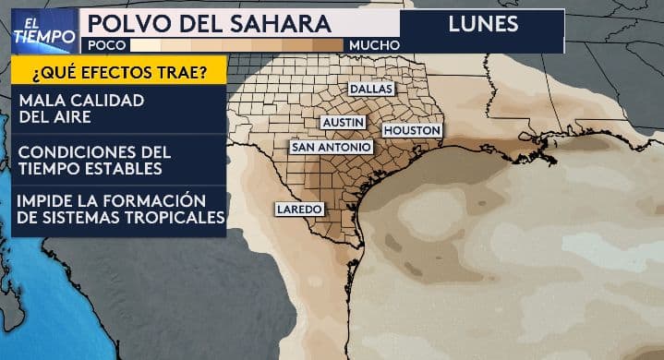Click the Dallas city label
[371, 90]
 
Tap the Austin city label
[342, 122]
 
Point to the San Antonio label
[331, 147]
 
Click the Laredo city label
[299, 210]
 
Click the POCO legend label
[105, 44]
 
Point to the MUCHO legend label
[374, 44]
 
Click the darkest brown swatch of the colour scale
[329, 44]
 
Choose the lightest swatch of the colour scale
[145, 44]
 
